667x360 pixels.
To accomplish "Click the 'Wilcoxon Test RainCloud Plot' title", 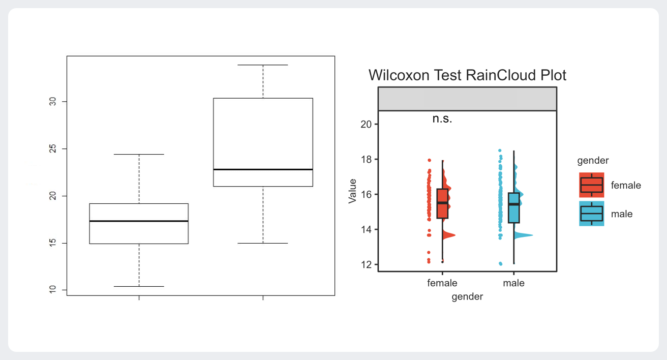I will [467, 75].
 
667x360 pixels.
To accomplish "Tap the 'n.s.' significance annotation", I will [442, 119].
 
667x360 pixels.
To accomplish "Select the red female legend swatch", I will [592, 185].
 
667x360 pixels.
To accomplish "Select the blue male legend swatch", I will [592, 214].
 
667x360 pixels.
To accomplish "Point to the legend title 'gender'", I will [593, 161].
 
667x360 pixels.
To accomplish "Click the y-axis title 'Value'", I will [353, 191].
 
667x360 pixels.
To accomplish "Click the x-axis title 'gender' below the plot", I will [467, 296].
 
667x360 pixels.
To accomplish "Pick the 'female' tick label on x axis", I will [442, 283].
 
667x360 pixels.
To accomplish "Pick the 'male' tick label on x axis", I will [513, 283].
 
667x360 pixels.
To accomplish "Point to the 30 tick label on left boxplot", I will [51, 102].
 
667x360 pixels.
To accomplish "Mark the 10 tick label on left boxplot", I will [51, 290].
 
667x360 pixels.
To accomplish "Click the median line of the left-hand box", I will [139, 221].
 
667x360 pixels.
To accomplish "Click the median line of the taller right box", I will [263, 169].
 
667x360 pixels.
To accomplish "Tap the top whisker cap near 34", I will [263, 65].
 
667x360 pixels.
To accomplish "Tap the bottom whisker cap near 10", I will [139, 286].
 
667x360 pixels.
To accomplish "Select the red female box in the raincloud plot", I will [442, 203].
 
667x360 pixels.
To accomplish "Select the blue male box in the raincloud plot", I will [513, 207].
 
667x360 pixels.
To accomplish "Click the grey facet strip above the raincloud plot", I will [467, 99].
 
